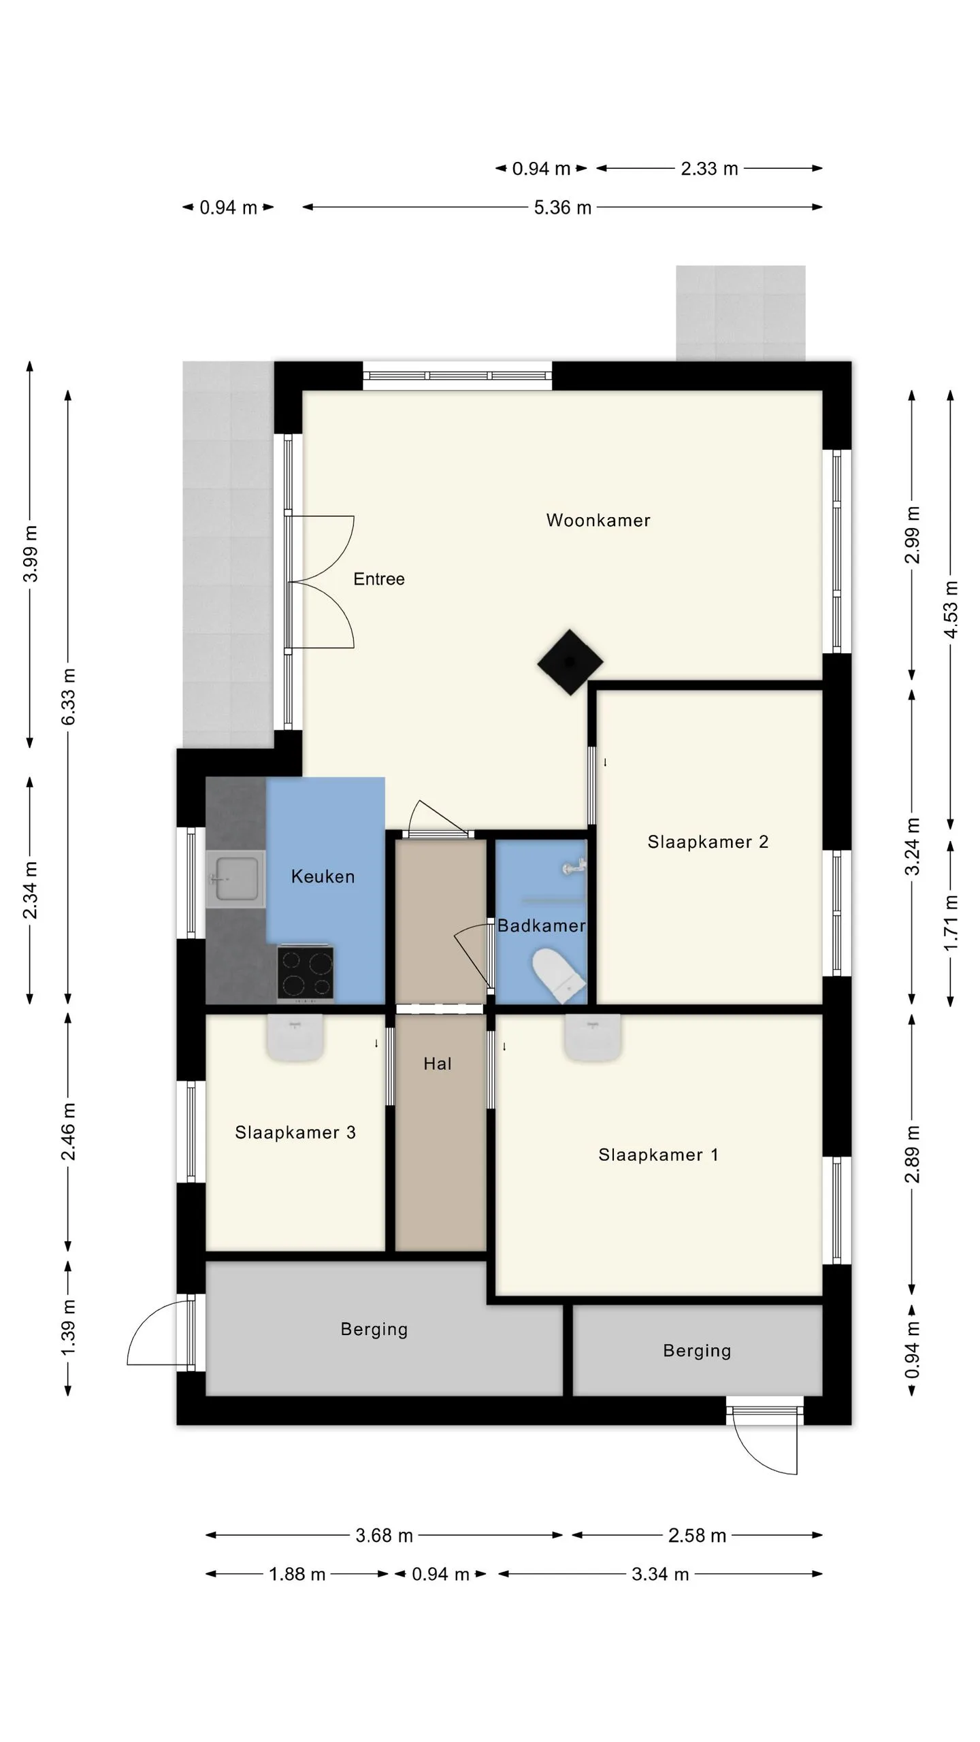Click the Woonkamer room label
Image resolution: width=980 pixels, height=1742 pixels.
click(598, 521)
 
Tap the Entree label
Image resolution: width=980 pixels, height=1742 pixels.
click(379, 579)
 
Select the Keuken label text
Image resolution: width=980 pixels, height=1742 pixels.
click(323, 876)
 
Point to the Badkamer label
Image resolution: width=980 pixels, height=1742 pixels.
click(541, 925)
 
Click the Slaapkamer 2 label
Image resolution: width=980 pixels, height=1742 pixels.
click(708, 842)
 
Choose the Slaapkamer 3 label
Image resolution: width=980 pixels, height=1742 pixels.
click(295, 1132)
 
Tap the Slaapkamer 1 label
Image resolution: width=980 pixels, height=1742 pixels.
click(658, 1155)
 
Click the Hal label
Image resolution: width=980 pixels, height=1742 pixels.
click(438, 1064)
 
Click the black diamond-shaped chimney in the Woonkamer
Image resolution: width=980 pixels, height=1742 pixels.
click(570, 662)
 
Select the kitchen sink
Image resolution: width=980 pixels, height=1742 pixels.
click(235, 879)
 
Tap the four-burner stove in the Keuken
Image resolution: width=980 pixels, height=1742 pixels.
click(306, 974)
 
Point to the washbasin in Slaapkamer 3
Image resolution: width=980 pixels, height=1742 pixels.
click(295, 1037)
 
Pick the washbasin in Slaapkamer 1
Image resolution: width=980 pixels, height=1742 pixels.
click(593, 1037)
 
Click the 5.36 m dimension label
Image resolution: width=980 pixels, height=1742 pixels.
click(563, 208)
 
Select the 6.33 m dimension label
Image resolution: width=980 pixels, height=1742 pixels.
click(69, 696)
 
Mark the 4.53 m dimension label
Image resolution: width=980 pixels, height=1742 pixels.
click(951, 610)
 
